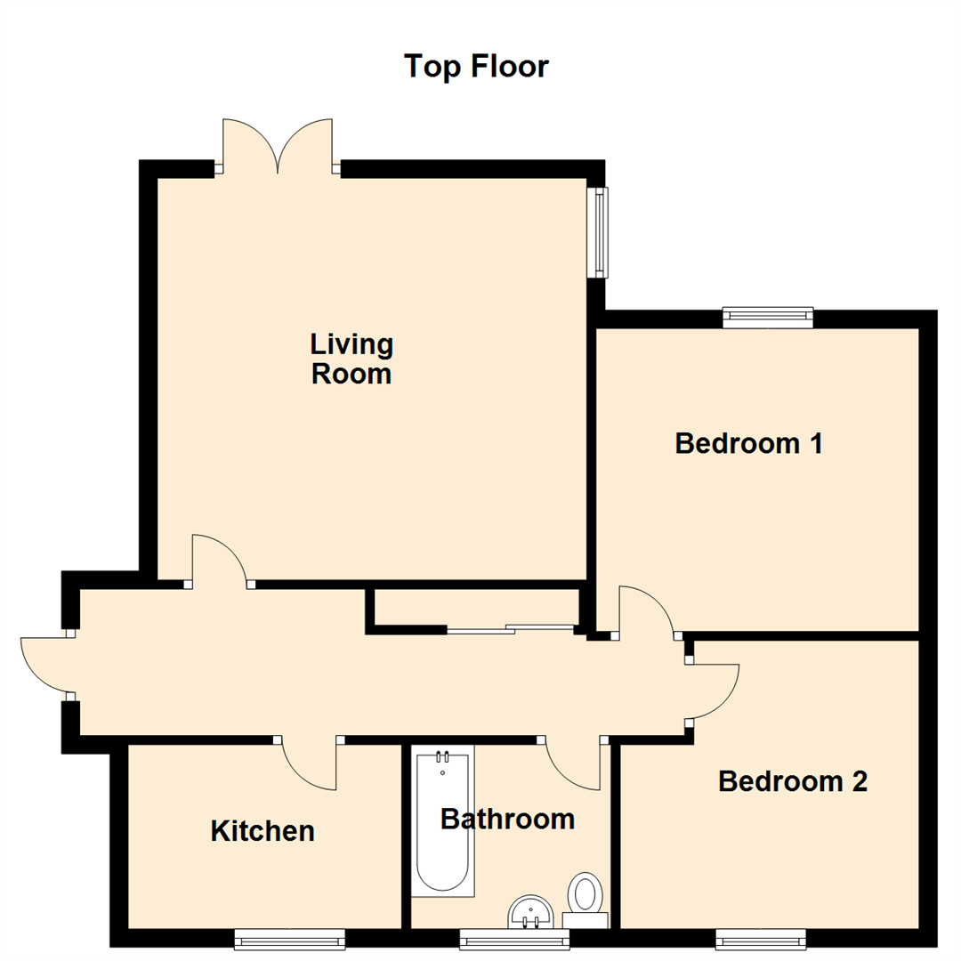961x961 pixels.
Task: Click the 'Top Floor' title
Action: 476,67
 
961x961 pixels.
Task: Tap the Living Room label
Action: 351,359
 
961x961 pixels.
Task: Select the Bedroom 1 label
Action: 747,442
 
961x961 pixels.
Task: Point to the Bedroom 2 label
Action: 792,781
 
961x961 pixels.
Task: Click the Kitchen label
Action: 262,831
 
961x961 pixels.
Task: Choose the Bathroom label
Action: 507,818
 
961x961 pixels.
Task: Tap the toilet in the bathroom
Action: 585,893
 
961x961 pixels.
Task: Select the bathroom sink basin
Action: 531,912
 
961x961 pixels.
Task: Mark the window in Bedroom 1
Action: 768,317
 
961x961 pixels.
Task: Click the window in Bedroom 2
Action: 761,938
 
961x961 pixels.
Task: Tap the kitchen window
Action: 289,938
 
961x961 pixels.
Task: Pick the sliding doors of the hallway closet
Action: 511,629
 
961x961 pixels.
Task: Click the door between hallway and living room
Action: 218,561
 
